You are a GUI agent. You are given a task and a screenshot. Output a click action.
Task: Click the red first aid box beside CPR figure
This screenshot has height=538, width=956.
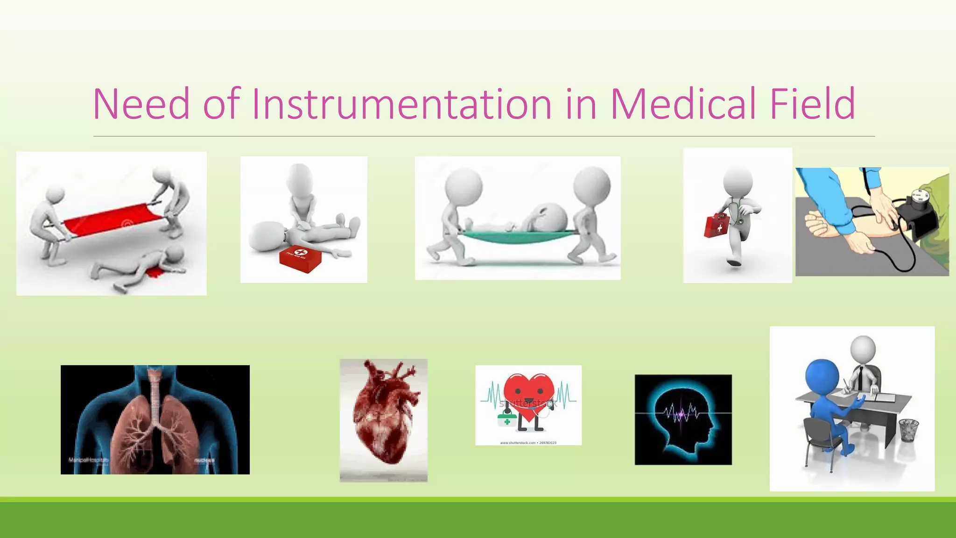click(300, 259)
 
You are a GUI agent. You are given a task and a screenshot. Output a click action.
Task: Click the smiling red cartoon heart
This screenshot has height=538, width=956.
click(528, 395)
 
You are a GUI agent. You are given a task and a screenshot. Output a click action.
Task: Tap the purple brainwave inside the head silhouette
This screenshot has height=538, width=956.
click(682, 413)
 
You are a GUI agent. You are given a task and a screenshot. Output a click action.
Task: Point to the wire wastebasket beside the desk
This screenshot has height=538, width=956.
click(908, 430)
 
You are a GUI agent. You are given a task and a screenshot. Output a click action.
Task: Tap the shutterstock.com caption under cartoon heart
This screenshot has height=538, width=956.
click(528, 443)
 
